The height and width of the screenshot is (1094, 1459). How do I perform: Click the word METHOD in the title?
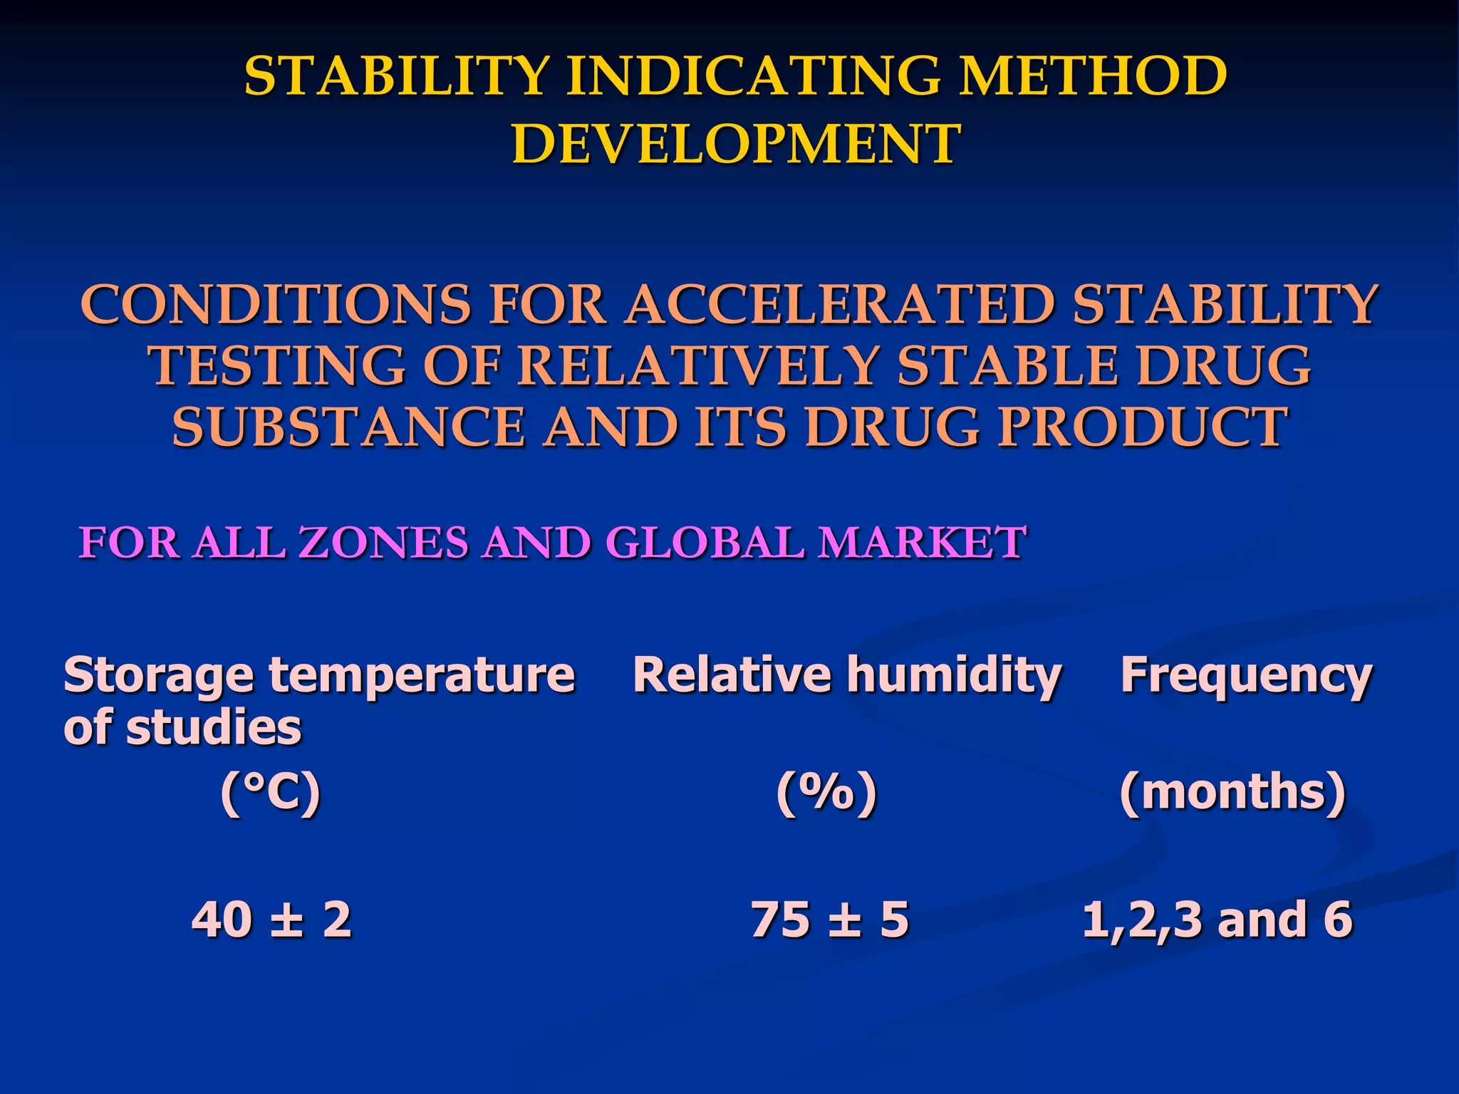[x=1092, y=76]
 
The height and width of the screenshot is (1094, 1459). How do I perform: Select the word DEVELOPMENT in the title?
[x=736, y=144]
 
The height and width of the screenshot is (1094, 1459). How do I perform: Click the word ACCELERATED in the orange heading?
[x=841, y=305]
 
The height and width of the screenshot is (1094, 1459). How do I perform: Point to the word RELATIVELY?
[x=697, y=366]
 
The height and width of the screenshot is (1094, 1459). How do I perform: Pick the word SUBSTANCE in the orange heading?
[x=348, y=427]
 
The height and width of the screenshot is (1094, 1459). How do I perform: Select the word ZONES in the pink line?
[x=384, y=543]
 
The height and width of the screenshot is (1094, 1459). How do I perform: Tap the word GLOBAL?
[x=704, y=543]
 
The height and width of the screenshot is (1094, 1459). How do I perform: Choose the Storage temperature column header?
[x=319, y=674]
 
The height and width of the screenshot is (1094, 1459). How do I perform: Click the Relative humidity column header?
[x=847, y=674]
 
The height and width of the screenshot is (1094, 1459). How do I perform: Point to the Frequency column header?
[x=1246, y=674]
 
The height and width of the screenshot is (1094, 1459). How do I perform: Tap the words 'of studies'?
[x=183, y=728]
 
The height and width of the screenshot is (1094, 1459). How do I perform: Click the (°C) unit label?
[x=271, y=793]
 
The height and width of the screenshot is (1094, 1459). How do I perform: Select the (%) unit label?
[x=826, y=793]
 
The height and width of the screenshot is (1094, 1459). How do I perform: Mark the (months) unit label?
[x=1232, y=793]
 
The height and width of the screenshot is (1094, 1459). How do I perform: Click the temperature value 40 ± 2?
[x=272, y=920]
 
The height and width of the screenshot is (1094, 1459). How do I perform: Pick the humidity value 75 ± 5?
[x=830, y=920]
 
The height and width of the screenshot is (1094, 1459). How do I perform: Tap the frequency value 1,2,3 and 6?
[x=1217, y=920]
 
